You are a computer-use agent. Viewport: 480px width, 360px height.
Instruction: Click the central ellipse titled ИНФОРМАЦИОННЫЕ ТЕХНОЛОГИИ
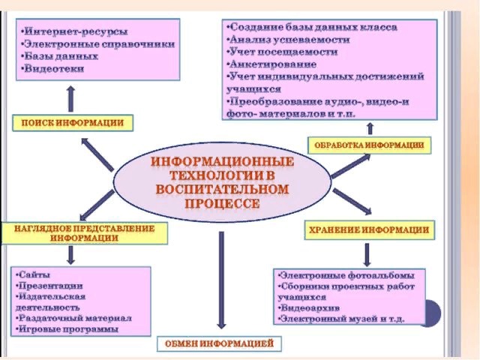click(x=222, y=182)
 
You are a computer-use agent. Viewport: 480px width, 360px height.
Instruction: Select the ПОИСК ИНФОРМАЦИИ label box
click(x=73, y=122)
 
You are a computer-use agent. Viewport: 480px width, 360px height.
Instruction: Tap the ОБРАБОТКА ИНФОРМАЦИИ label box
click(x=370, y=145)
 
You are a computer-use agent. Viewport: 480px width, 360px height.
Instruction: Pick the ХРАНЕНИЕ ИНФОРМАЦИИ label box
click(x=369, y=230)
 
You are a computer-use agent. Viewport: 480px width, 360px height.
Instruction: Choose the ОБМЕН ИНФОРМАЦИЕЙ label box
click(x=220, y=344)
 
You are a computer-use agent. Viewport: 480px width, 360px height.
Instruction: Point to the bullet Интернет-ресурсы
click(x=75, y=32)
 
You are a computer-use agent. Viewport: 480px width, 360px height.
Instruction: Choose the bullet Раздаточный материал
click(x=74, y=317)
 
